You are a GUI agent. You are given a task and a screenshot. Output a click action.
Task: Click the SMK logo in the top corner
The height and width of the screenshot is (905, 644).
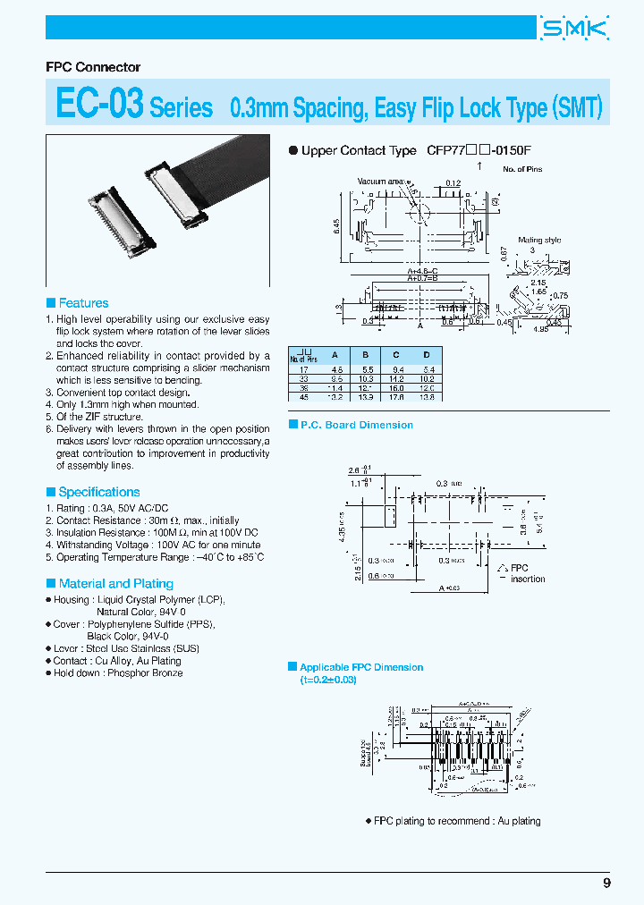click(x=574, y=29)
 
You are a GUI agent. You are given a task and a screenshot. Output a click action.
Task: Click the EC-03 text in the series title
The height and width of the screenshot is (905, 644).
click(x=98, y=104)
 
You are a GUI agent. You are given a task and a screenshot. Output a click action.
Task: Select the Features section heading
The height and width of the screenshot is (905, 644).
click(x=83, y=303)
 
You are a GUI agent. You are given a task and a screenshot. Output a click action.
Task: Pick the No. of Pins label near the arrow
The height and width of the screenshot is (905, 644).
click(x=521, y=169)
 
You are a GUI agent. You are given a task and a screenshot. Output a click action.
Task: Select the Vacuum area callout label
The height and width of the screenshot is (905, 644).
click(x=382, y=182)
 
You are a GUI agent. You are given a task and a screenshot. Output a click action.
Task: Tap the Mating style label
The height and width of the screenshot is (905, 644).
click(x=539, y=240)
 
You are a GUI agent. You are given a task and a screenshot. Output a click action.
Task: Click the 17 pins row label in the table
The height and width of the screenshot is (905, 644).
click(x=305, y=368)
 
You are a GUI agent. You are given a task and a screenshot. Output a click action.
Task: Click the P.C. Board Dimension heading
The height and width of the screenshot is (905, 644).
click(x=356, y=425)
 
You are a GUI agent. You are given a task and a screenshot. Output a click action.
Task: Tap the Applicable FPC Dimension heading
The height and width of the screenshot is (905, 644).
click(x=361, y=667)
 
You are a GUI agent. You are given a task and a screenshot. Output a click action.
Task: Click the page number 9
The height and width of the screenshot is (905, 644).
click(x=606, y=883)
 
